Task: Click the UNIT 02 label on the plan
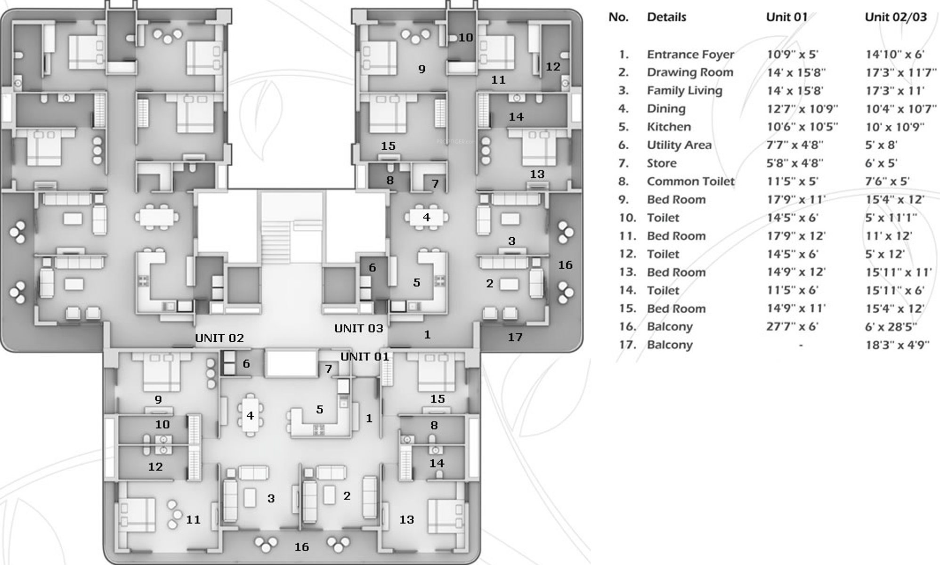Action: pos(219,338)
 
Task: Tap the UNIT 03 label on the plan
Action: pos(358,328)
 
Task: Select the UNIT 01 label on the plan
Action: pos(365,356)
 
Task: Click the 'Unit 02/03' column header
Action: pos(895,17)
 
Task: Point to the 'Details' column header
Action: pos(666,17)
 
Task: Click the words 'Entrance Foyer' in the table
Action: pos(690,55)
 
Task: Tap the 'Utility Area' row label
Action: pos(679,145)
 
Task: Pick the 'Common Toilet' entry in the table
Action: pos(690,181)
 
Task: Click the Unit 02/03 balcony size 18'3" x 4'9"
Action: pos(897,345)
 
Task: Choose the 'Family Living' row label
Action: pos(684,90)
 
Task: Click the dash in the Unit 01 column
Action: pos(801,345)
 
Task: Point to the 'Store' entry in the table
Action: pos(662,163)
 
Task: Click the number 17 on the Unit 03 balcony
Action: pos(515,337)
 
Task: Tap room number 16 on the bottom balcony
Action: pos(301,547)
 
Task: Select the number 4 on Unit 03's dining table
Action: pos(426,218)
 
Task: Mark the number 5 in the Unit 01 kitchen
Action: pos(319,410)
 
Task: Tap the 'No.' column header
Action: pos(618,17)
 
